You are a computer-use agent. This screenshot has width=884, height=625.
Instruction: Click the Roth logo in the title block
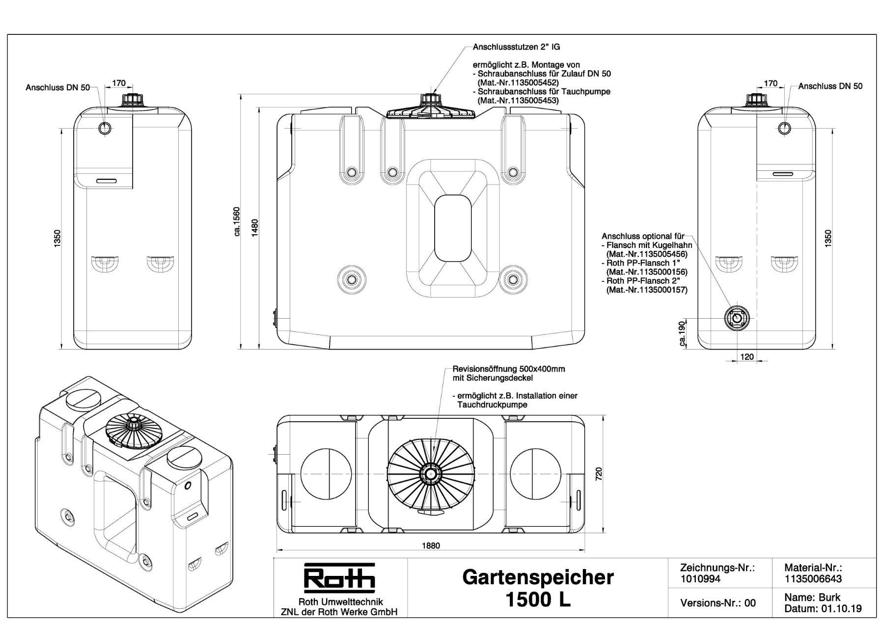[x=339, y=578]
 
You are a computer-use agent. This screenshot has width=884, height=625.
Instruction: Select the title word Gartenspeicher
[x=538, y=577]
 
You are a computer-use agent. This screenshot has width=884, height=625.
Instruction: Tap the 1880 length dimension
[x=431, y=545]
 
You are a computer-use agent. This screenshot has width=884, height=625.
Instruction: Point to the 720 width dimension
[x=599, y=474]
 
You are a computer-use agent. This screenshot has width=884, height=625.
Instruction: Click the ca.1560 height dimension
[x=237, y=221]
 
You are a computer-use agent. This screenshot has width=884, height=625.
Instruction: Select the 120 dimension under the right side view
[x=746, y=357]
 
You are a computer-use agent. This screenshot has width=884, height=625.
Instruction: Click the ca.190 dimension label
[x=682, y=334]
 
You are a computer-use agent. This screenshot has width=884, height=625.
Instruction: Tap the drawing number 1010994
[x=700, y=579]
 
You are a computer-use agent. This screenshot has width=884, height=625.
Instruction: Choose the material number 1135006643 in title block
[x=813, y=579]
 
